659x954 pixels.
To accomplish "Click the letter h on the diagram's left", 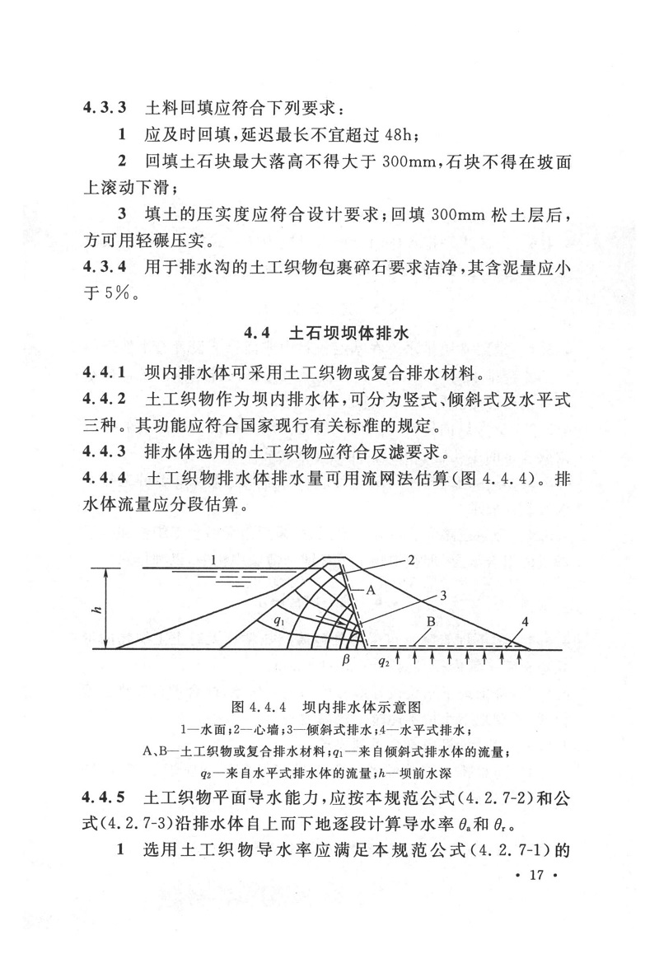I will (98, 610).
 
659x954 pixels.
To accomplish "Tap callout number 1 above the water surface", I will (213, 560).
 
